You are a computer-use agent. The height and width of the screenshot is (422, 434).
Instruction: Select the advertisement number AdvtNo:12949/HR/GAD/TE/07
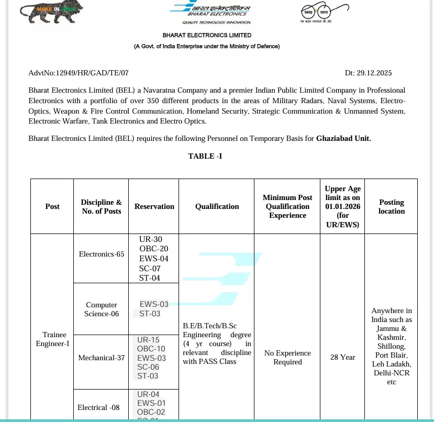click(x=79, y=73)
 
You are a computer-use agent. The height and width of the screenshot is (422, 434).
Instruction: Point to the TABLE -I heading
click(x=205, y=156)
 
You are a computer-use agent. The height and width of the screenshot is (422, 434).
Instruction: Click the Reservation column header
click(x=154, y=206)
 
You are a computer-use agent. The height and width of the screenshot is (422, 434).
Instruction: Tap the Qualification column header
click(x=217, y=206)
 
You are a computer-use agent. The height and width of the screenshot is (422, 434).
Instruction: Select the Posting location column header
click(x=392, y=206)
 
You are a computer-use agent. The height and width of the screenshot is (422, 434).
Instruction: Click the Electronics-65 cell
click(x=102, y=254)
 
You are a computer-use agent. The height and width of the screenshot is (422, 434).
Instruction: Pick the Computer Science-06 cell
click(x=102, y=309)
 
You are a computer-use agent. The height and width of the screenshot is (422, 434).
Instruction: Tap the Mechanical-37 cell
click(x=102, y=358)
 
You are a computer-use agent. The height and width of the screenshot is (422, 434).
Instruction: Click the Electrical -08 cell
click(x=98, y=407)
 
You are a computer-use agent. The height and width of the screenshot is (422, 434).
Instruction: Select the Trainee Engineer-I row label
click(x=52, y=339)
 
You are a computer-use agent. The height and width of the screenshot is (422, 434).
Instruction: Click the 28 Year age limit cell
click(x=342, y=357)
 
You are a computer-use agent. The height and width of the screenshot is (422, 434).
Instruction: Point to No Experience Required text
click(x=287, y=357)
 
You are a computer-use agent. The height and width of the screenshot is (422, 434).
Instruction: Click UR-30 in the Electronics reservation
click(x=150, y=239)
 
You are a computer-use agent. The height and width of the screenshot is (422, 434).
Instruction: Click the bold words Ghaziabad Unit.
click(x=343, y=139)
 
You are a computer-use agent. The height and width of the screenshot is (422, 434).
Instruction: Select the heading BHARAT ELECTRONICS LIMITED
click(x=207, y=35)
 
